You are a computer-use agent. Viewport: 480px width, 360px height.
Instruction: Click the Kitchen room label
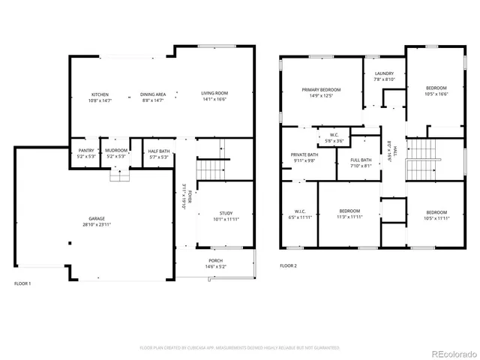pos(100,94)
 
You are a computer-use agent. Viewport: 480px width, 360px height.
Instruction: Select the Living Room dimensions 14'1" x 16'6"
pos(214,100)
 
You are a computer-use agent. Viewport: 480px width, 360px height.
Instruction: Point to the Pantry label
pos(86,151)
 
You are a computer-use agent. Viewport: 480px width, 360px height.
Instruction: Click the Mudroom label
pos(116,151)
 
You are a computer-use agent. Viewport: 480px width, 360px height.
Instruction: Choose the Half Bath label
pos(159,151)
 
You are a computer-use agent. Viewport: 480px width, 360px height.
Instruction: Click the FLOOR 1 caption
pos(23,283)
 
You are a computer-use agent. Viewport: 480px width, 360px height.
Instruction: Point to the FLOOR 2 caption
pos(289,265)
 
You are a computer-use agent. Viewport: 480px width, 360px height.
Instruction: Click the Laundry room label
pos(384,73)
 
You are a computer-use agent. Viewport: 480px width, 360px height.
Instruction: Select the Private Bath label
pos(304,154)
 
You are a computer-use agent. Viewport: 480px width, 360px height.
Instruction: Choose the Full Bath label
pos(361,160)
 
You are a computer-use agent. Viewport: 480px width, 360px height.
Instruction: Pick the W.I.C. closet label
pos(300,211)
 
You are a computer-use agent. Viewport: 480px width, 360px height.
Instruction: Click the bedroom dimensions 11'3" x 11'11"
pos(349,217)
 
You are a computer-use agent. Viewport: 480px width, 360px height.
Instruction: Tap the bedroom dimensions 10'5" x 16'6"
pos(436,94)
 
